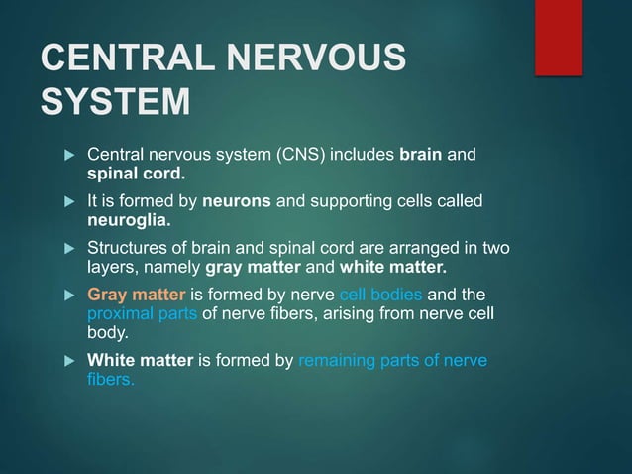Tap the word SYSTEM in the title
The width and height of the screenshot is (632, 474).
coord(115,102)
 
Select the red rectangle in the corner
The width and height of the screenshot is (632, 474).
coord(558,37)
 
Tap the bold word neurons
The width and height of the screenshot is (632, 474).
coord(237,202)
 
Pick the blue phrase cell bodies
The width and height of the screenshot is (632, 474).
coord(380,295)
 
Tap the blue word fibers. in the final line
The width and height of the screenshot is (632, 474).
coord(111,379)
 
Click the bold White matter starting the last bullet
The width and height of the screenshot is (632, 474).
coord(140,361)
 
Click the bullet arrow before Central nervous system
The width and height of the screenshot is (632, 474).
coord(69,156)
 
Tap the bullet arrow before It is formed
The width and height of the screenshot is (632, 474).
coord(69,202)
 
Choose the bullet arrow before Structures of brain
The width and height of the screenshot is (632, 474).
coord(69,248)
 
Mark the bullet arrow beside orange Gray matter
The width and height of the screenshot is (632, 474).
coord(69,295)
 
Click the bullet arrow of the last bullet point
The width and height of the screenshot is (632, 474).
coord(69,361)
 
